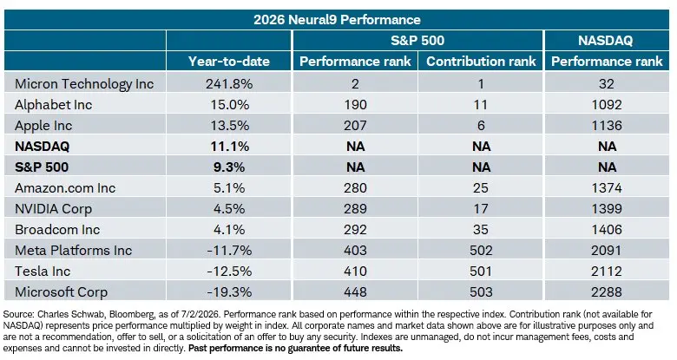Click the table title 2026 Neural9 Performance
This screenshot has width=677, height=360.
[337, 20]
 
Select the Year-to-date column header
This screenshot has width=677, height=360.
[229, 62]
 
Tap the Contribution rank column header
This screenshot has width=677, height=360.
[481, 62]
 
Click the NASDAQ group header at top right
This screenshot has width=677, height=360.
[605, 41]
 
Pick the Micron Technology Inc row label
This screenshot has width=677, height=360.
[84, 84]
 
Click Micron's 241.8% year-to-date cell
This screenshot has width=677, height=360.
[229, 84]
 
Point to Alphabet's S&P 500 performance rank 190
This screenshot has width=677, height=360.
[355, 104]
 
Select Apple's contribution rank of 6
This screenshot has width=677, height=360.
[481, 125]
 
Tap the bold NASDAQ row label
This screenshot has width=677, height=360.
[42, 147]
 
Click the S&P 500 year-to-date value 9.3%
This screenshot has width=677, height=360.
[229, 167]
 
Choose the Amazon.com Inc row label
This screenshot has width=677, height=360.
[65, 187]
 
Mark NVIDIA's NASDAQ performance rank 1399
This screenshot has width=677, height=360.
[607, 208]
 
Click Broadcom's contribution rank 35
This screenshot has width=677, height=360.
[481, 229]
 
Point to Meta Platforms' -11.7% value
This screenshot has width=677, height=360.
[229, 251]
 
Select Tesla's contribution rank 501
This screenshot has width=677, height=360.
[481, 271]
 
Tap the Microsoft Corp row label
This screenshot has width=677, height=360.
[61, 292]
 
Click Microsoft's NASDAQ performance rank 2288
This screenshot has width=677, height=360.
[607, 291]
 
